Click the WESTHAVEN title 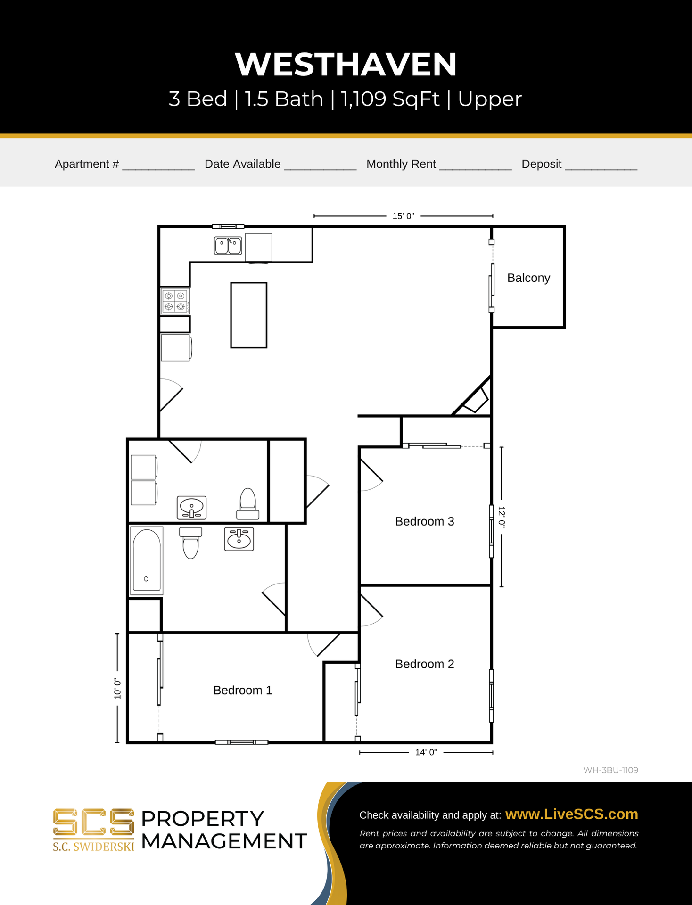pos(346,64)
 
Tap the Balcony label pos(528,278)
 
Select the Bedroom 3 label pos(424,521)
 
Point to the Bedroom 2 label pos(424,664)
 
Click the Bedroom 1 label pos(243,691)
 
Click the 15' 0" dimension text pos(403,216)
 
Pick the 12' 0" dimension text pos(502,517)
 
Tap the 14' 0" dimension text pos(426,752)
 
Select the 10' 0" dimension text pos(117,689)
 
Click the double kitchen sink pos(228,246)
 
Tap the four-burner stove pos(175,301)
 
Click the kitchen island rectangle pos(249,315)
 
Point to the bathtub pos(147,560)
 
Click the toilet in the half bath pos(247,503)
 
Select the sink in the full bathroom pos(239,539)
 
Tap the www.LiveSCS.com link pos(571,814)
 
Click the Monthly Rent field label pos(401,164)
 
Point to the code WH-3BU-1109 pos(610,770)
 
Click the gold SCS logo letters pos(93,823)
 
